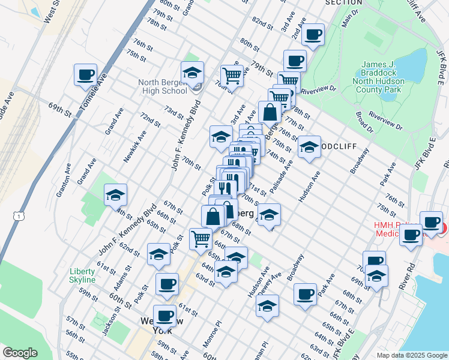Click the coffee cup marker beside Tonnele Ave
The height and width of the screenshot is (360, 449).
tap(85, 75)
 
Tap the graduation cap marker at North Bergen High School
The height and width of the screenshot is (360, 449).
tap(192, 73)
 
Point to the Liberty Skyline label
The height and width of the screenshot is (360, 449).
tap(82, 275)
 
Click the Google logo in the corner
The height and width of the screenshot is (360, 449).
tap(20, 353)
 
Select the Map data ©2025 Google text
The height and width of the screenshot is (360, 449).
tap(412, 355)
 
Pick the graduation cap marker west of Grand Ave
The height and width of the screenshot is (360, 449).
tap(115, 195)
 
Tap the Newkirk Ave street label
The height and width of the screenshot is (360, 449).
tap(134, 146)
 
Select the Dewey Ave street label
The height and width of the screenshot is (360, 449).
tap(272, 285)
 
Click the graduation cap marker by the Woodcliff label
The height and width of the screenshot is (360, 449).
tap(309, 147)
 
